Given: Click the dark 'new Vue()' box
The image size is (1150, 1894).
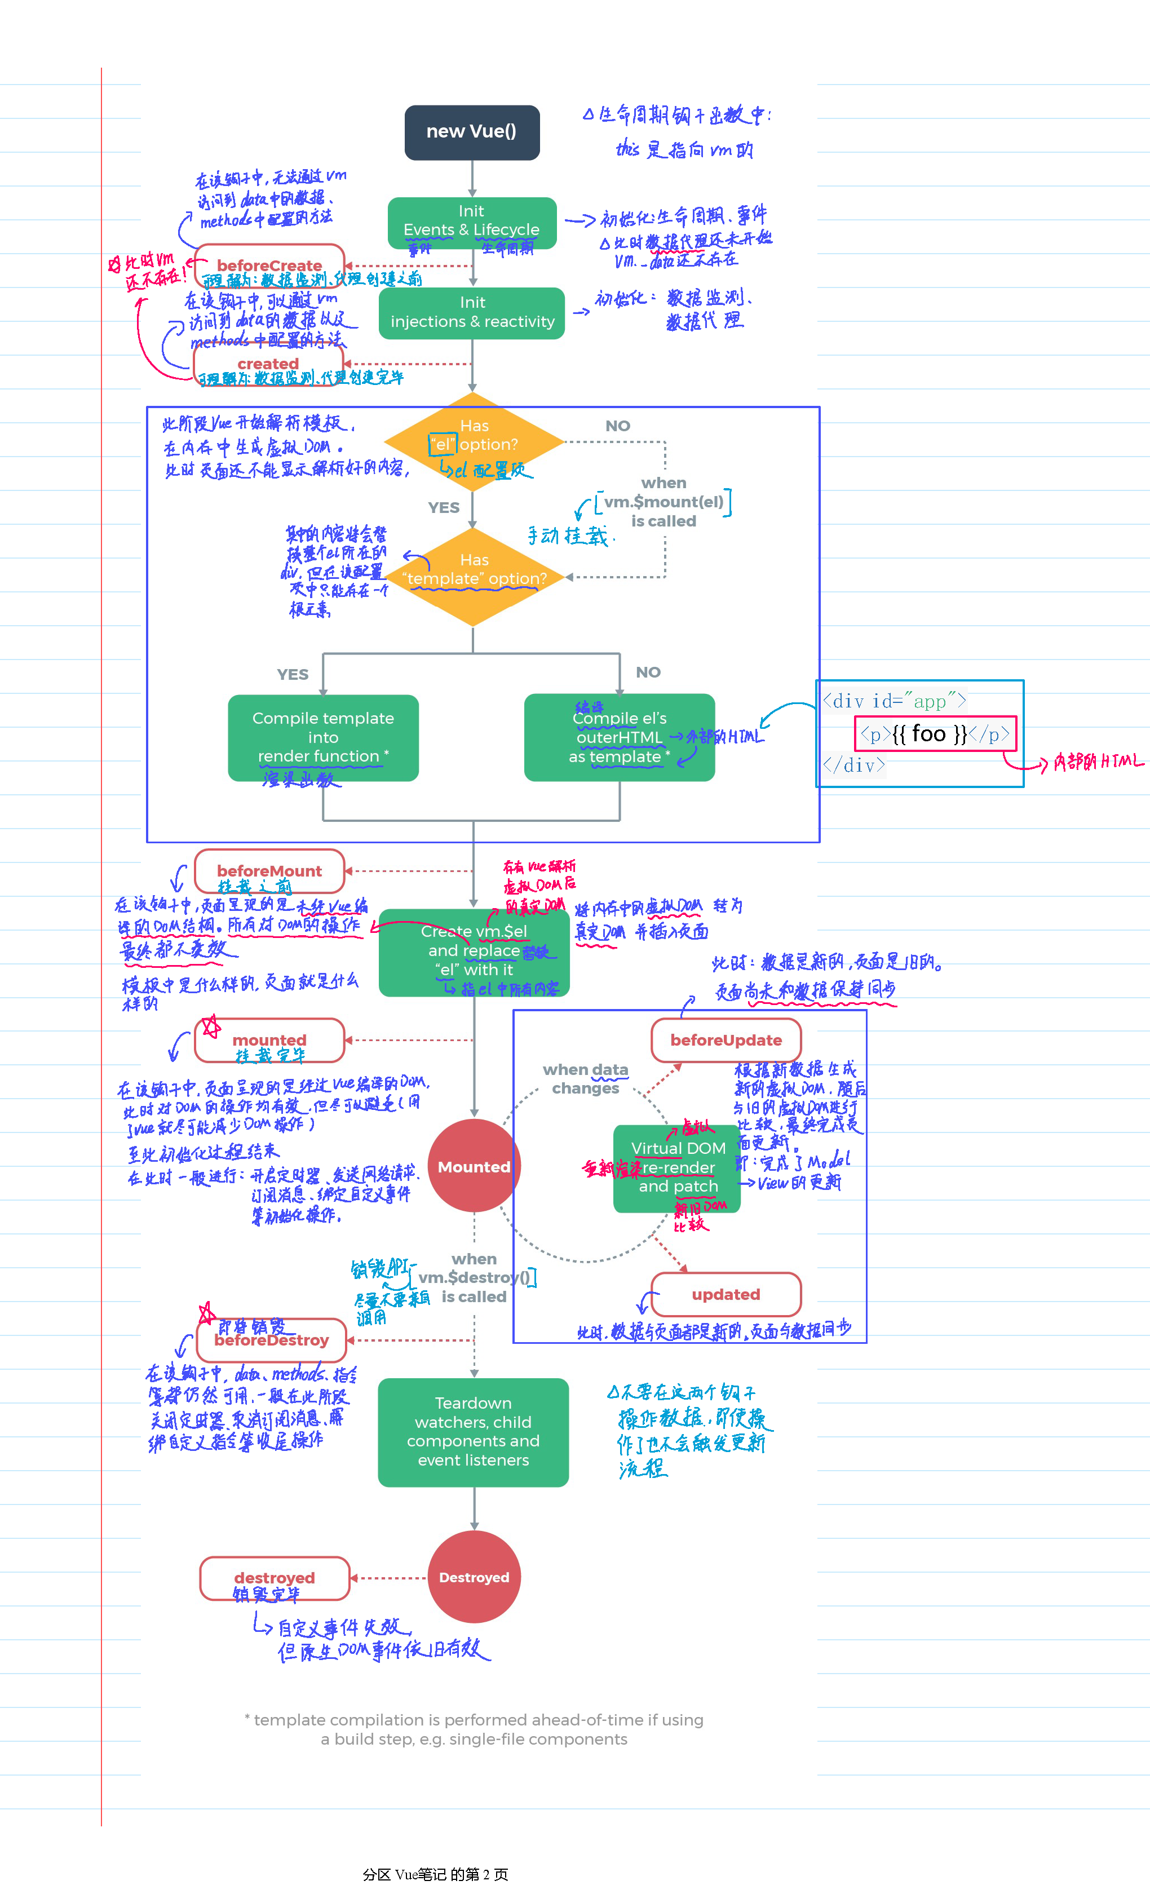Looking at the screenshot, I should point(472,132).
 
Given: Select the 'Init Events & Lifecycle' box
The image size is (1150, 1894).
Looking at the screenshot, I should point(472,222).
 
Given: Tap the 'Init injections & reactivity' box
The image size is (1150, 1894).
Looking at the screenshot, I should point(472,313).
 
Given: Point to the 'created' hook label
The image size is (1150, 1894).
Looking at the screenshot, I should point(268,364).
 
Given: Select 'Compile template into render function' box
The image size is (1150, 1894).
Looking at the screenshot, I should point(323,737).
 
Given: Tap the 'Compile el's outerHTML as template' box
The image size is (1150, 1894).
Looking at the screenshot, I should point(620,737).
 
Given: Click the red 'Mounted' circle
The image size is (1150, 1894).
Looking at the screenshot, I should point(474,1166).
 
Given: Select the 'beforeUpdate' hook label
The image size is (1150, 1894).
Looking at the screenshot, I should point(726,1040).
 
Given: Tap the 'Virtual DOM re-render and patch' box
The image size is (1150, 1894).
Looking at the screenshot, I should point(677,1167).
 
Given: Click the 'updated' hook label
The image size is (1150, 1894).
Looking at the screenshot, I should point(726,1294).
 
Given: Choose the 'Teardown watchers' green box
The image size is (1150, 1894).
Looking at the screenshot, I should point(474,1431).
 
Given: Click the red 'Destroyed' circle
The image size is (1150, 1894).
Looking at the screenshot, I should point(474,1577).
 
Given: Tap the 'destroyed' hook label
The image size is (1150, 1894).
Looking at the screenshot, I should point(275,1577).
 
